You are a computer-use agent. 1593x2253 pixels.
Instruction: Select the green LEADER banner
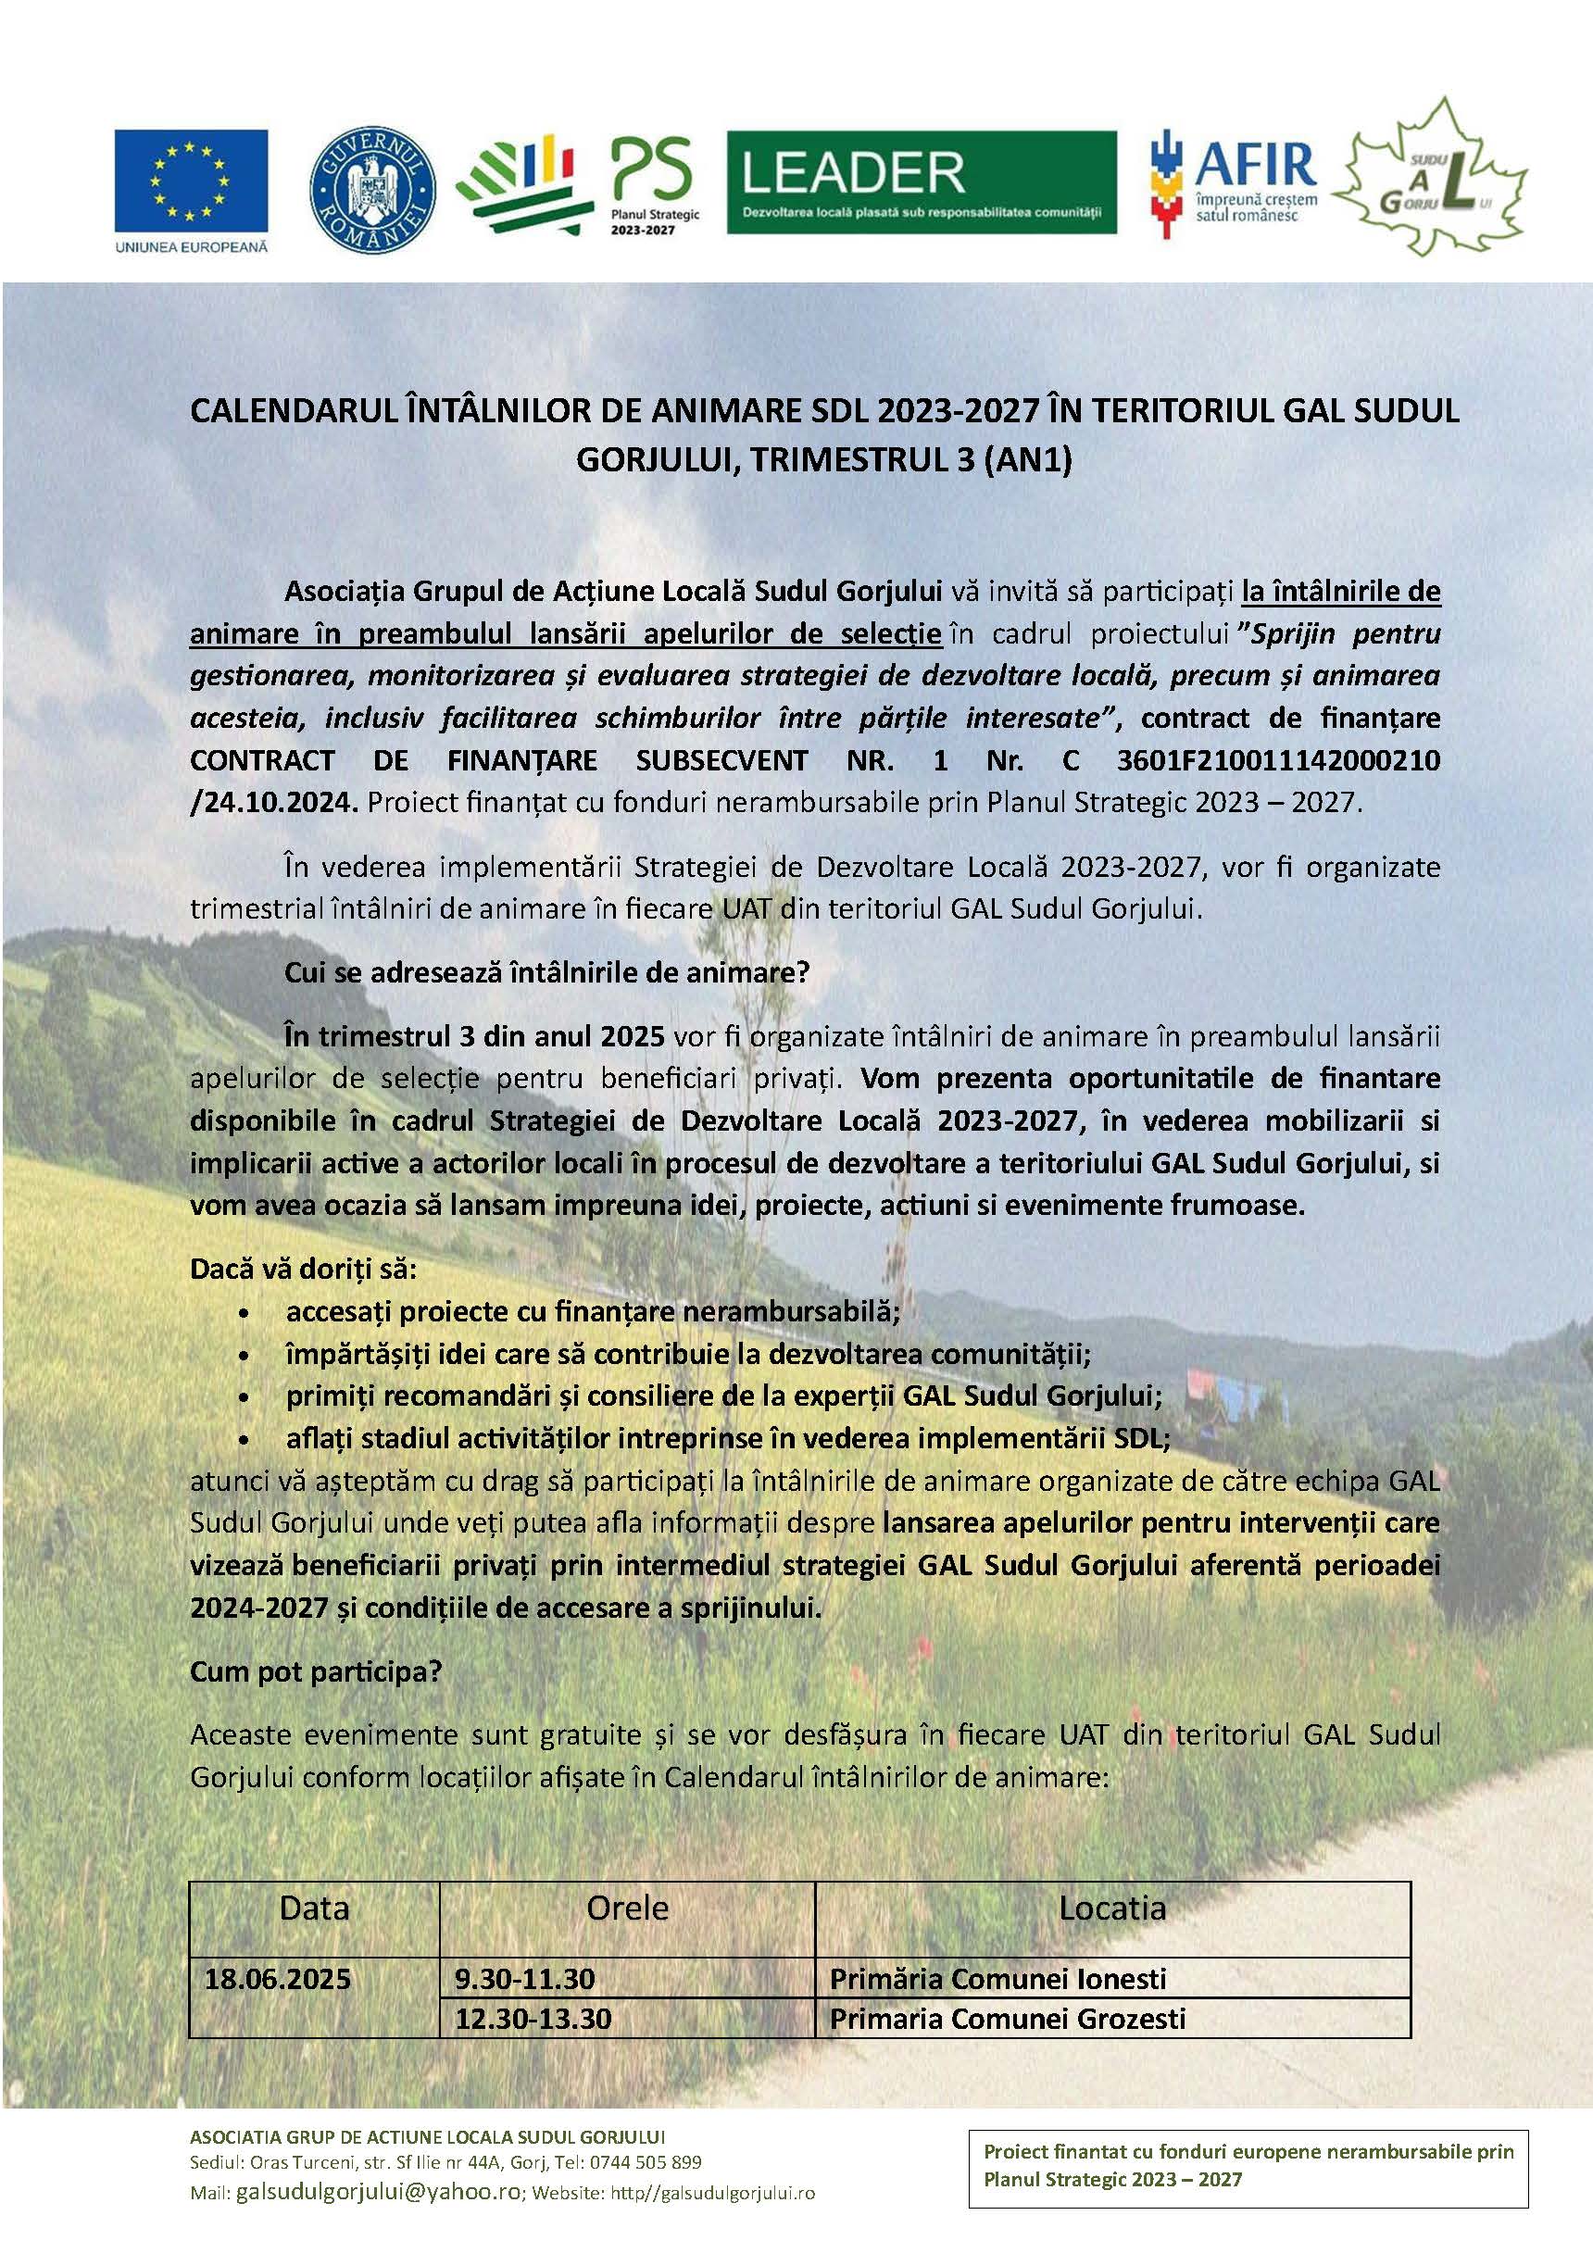click(921, 182)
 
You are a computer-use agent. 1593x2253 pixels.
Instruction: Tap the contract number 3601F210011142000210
click(1278, 759)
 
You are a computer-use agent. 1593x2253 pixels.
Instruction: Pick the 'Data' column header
click(314, 1908)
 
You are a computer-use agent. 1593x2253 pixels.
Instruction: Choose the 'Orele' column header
click(627, 1908)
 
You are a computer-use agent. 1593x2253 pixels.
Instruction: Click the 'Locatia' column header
click(1112, 1908)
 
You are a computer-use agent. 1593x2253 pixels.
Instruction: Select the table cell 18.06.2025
click(278, 1977)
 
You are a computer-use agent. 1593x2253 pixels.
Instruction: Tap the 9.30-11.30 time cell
click(524, 1977)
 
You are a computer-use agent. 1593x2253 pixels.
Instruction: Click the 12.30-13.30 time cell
click(533, 2019)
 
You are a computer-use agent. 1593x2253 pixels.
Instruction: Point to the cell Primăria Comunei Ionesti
click(998, 1977)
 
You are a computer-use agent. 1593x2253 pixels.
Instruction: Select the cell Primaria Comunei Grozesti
click(1007, 2019)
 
